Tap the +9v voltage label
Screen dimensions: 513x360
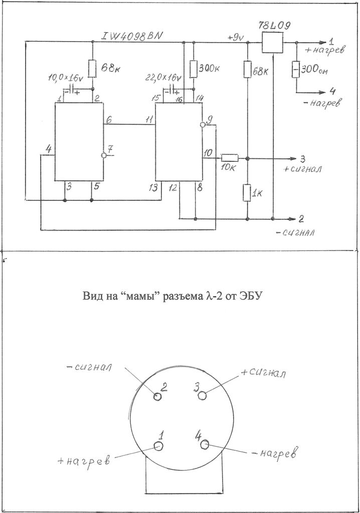coord(235,37)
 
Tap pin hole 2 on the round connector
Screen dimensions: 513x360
coord(157,396)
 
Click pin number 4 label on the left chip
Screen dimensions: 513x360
coord(48,149)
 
